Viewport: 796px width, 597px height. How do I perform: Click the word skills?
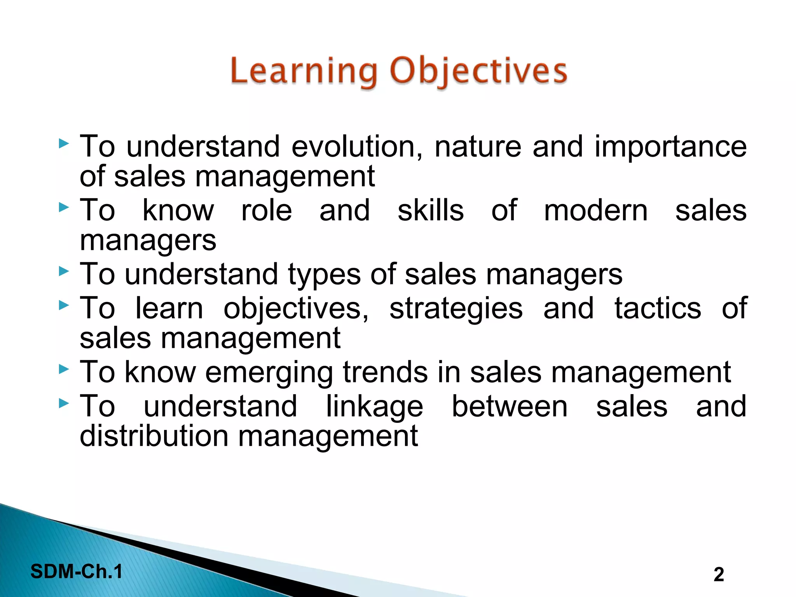point(431,211)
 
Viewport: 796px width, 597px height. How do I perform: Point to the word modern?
point(595,211)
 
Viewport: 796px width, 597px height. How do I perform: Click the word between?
point(510,407)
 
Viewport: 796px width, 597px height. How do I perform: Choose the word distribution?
point(154,436)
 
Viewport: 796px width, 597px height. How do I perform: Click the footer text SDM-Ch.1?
point(77,572)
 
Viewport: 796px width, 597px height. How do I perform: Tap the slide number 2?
point(719,574)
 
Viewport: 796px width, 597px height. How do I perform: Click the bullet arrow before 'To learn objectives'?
point(64,305)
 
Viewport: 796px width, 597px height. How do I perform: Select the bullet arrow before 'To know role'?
point(64,208)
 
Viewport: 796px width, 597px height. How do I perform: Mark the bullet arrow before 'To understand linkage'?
point(64,404)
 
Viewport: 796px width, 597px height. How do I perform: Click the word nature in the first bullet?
point(478,147)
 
